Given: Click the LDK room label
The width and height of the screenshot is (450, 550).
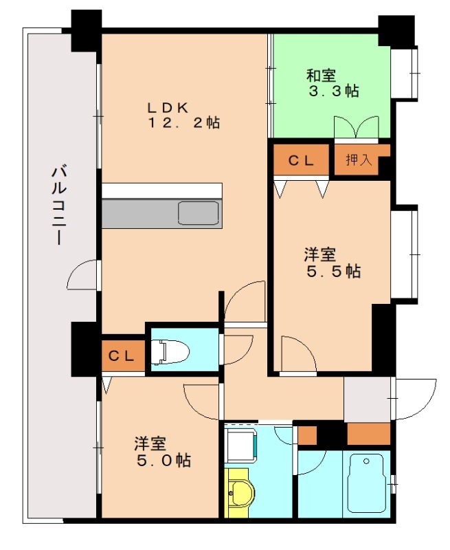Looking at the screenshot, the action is point(168,107).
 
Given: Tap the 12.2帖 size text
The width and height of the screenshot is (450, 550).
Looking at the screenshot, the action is point(183,123).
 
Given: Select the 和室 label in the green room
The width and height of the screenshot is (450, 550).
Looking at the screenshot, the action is point(321,76).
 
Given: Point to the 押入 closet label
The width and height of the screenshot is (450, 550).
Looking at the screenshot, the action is point(359,160).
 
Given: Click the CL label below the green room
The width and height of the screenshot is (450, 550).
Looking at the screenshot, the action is point(301,160).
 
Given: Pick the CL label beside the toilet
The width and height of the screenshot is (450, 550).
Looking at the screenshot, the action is point(121,356).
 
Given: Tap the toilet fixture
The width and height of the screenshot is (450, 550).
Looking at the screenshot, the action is point(169,351).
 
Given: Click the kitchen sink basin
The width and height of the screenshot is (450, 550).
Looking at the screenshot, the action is point(199,213).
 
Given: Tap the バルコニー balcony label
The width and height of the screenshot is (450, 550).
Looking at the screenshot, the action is point(58,205).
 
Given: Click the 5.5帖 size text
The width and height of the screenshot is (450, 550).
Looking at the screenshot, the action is point(334,271).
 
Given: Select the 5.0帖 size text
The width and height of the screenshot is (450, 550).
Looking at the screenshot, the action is point(164,460).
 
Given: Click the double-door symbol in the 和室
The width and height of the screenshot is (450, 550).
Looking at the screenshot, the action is point(357,128).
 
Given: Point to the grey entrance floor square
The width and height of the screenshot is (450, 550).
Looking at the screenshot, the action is point(367,399).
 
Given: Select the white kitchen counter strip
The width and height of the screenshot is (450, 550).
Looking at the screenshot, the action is point(162,191).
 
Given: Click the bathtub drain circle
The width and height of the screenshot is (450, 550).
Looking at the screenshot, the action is point(367,461).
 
